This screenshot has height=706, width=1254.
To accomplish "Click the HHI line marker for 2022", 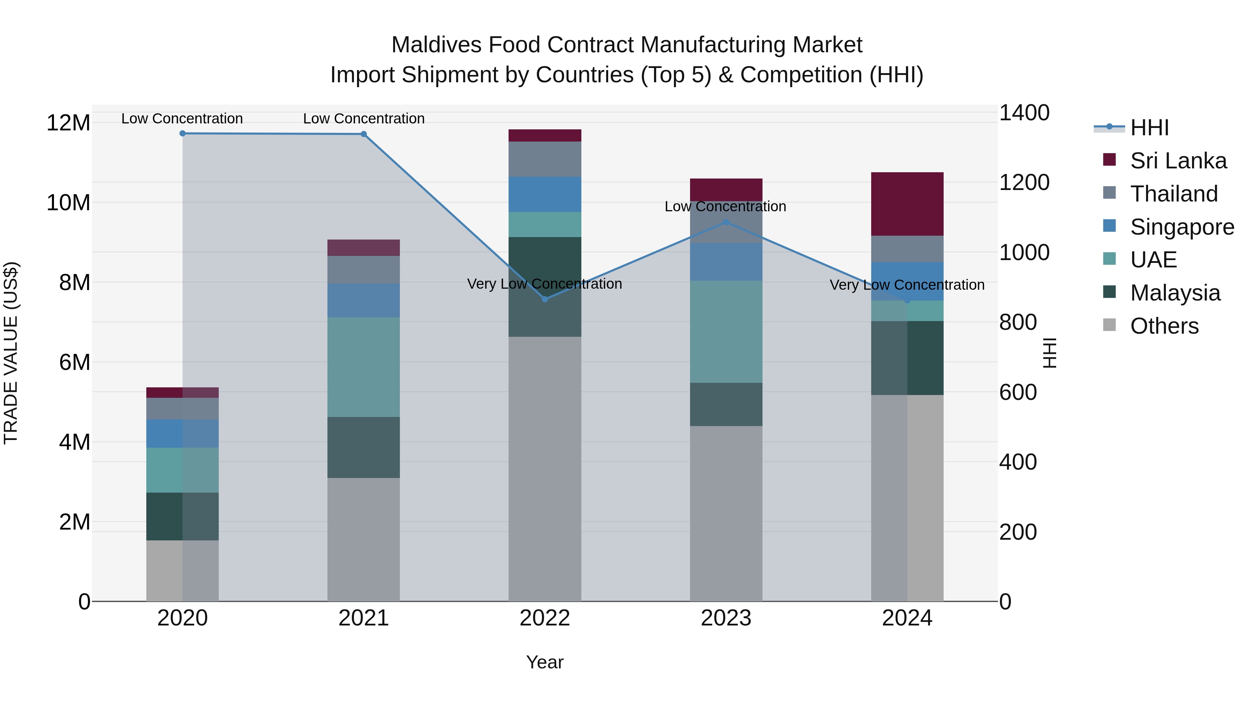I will click(x=545, y=299).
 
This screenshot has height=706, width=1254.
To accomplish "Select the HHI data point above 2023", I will click(x=726, y=222).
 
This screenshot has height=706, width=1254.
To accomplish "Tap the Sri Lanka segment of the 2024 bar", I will click(x=907, y=204).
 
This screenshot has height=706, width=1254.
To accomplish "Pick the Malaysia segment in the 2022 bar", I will click(x=545, y=287).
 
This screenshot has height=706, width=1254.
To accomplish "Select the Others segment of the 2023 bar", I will click(x=726, y=513).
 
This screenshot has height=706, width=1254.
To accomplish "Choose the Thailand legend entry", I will click(x=1174, y=193).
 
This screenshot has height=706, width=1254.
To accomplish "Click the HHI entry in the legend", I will click(x=1149, y=128).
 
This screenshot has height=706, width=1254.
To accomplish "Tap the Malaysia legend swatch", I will click(x=1109, y=292).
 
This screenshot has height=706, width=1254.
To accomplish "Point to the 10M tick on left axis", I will click(x=68, y=202).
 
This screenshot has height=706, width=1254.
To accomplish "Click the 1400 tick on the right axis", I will click(x=1024, y=113).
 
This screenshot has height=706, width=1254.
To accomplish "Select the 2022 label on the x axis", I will click(x=545, y=618).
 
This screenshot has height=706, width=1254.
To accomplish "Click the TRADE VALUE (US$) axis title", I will click(x=11, y=353).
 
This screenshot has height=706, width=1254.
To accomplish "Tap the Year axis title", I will click(x=545, y=662).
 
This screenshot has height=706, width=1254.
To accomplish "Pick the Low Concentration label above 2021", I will click(x=364, y=119).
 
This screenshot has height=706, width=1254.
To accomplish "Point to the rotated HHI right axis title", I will click(x=1050, y=353).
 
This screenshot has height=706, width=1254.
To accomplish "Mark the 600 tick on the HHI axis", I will click(x=1017, y=392).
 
